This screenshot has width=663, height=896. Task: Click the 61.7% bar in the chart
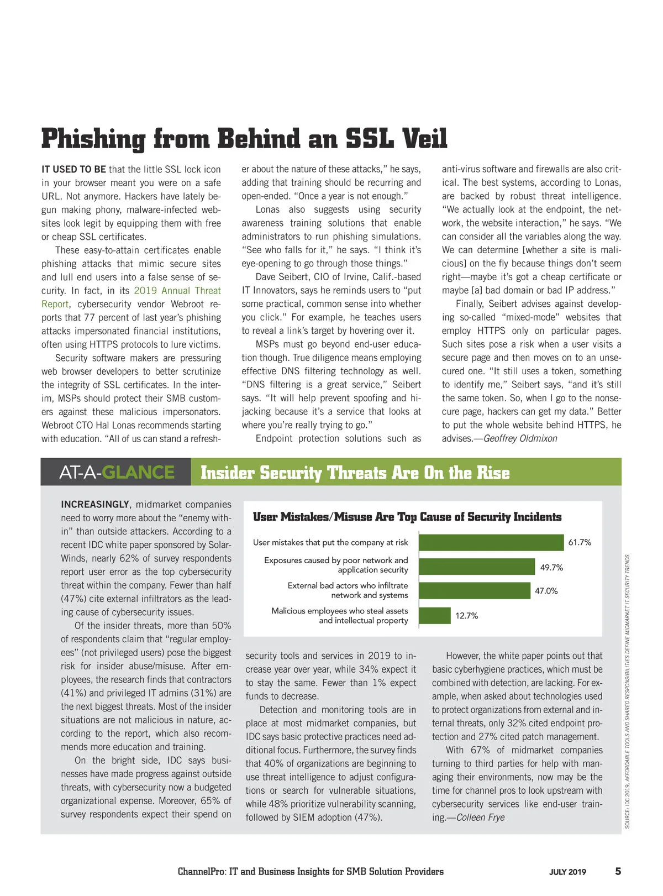pyautogui.click(x=491, y=542)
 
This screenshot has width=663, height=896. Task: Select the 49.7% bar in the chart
pyautogui.click(x=477, y=567)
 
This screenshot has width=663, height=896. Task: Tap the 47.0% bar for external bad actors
pyautogui.click(x=474, y=590)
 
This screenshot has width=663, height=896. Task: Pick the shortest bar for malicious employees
pyautogui.click(x=434, y=615)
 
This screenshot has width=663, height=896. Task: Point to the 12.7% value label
pyautogui.click(x=466, y=616)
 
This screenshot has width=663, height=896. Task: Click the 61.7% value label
pyautogui.click(x=580, y=542)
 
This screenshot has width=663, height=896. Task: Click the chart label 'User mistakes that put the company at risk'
pyautogui.click(x=330, y=542)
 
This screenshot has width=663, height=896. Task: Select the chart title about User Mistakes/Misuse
pyautogui.click(x=407, y=517)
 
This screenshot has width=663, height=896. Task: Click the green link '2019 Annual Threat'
pyautogui.click(x=177, y=291)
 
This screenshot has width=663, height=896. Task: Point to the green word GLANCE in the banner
pyautogui.click(x=138, y=472)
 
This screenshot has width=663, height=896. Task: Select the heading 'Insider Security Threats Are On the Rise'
pyautogui.click(x=355, y=473)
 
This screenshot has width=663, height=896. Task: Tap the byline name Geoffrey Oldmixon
pyautogui.click(x=520, y=438)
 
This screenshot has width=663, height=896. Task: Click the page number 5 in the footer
pyautogui.click(x=618, y=871)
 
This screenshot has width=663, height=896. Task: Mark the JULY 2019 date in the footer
pyautogui.click(x=567, y=872)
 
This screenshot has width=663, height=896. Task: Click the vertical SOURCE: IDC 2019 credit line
pyautogui.click(x=628, y=691)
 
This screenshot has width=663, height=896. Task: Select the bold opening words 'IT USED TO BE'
pyautogui.click(x=73, y=169)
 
